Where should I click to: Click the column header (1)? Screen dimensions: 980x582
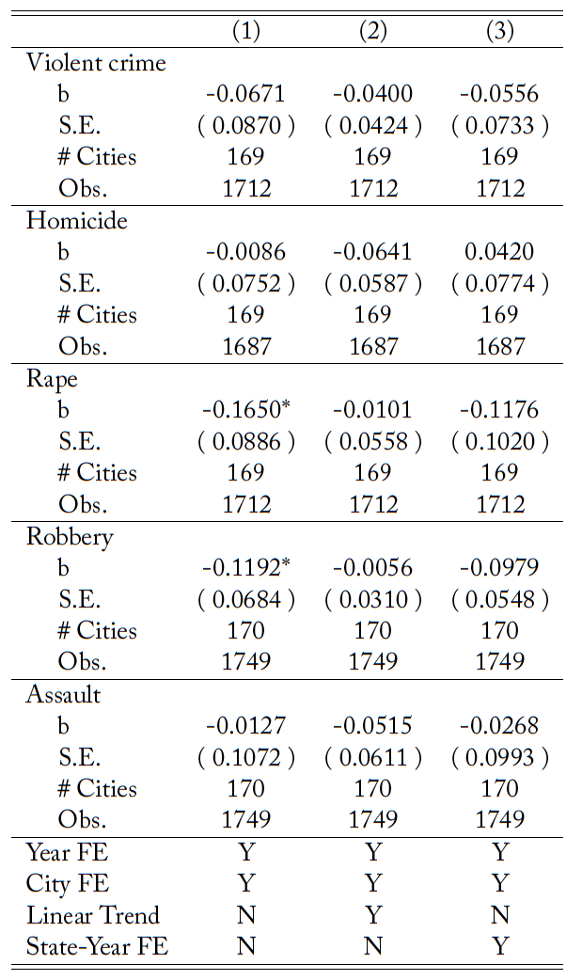(246, 30)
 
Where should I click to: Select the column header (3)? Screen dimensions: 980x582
(500, 30)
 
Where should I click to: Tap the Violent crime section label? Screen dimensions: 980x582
(96, 63)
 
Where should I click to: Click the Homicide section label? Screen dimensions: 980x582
(77, 221)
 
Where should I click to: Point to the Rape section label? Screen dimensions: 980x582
(52, 379)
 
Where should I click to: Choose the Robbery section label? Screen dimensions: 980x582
(70, 537)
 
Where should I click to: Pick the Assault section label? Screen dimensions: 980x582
(63, 695)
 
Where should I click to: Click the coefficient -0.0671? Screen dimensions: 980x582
(245, 94)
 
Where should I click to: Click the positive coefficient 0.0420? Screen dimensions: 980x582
(500, 252)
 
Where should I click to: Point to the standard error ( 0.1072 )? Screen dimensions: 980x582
(246, 757)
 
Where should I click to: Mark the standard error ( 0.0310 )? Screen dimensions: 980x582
(373, 599)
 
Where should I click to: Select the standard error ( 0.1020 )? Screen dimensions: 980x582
(500, 441)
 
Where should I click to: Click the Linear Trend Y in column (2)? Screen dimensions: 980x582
(373, 915)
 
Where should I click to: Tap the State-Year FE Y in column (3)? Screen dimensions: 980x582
(500, 946)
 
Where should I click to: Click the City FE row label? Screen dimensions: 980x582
(69, 884)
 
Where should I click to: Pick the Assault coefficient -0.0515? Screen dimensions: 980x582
(372, 726)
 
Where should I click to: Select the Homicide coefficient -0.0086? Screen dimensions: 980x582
(245, 252)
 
